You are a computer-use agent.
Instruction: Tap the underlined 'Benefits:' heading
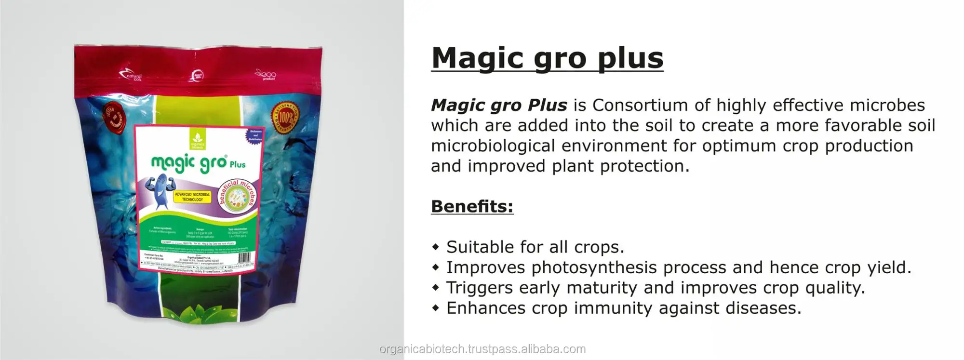472,206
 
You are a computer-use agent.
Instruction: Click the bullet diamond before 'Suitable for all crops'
436,247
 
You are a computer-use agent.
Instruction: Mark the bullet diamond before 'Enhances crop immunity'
436,308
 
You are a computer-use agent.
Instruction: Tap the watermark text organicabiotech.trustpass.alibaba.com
482,349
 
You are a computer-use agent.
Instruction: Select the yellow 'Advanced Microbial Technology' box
192,197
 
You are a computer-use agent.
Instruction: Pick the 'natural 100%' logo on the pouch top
131,76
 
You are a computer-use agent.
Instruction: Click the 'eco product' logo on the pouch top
266,75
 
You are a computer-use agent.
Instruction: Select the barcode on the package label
244,257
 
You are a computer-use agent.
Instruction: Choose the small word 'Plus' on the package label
237,164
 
